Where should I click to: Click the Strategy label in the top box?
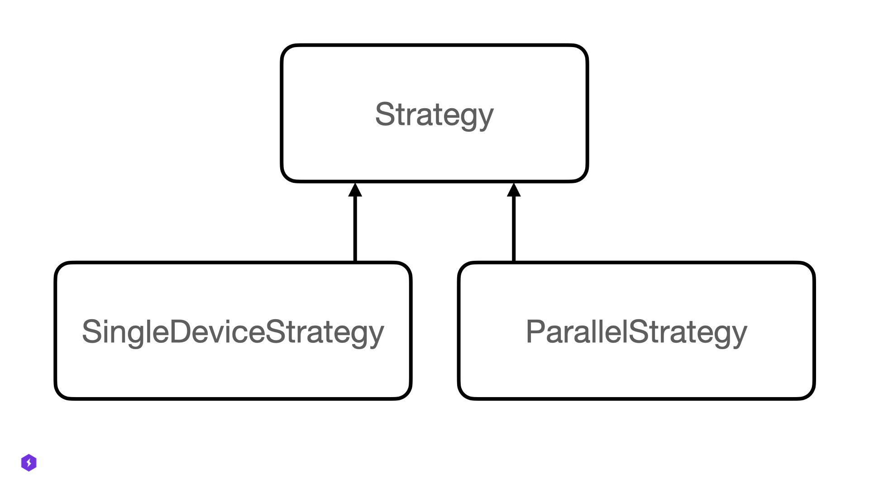(x=434, y=114)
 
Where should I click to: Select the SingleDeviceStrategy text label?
(x=233, y=332)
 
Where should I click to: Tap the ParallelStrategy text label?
(x=636, y=332)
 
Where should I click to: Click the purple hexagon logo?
(x=29, y=463)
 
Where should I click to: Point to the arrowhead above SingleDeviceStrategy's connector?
(x=355, y=190)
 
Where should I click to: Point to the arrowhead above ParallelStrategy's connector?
(x=514, y=190)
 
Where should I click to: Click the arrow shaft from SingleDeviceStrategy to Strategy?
(x=355, y=229)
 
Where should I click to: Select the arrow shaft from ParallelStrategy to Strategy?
(x=514, y=229)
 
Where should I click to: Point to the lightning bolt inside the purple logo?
(x=29, y=463)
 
